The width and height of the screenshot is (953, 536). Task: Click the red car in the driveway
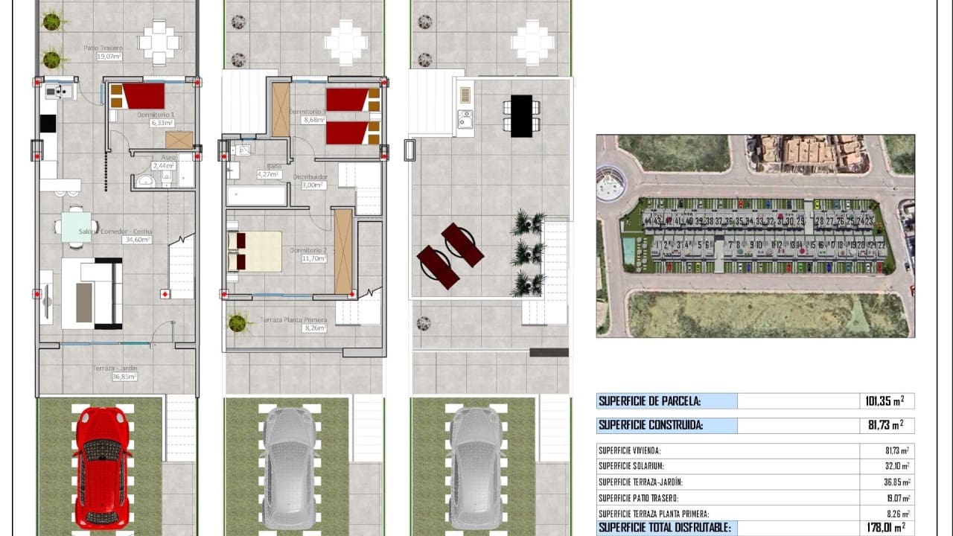[103, 468]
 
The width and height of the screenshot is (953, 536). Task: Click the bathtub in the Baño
[256, 196]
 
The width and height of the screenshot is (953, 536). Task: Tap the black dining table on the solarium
[522, 115]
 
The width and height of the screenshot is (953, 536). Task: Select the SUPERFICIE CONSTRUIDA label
[651, 426]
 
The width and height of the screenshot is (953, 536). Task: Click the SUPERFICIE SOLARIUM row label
[631, 466]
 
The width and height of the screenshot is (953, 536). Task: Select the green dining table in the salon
[76, 226]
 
